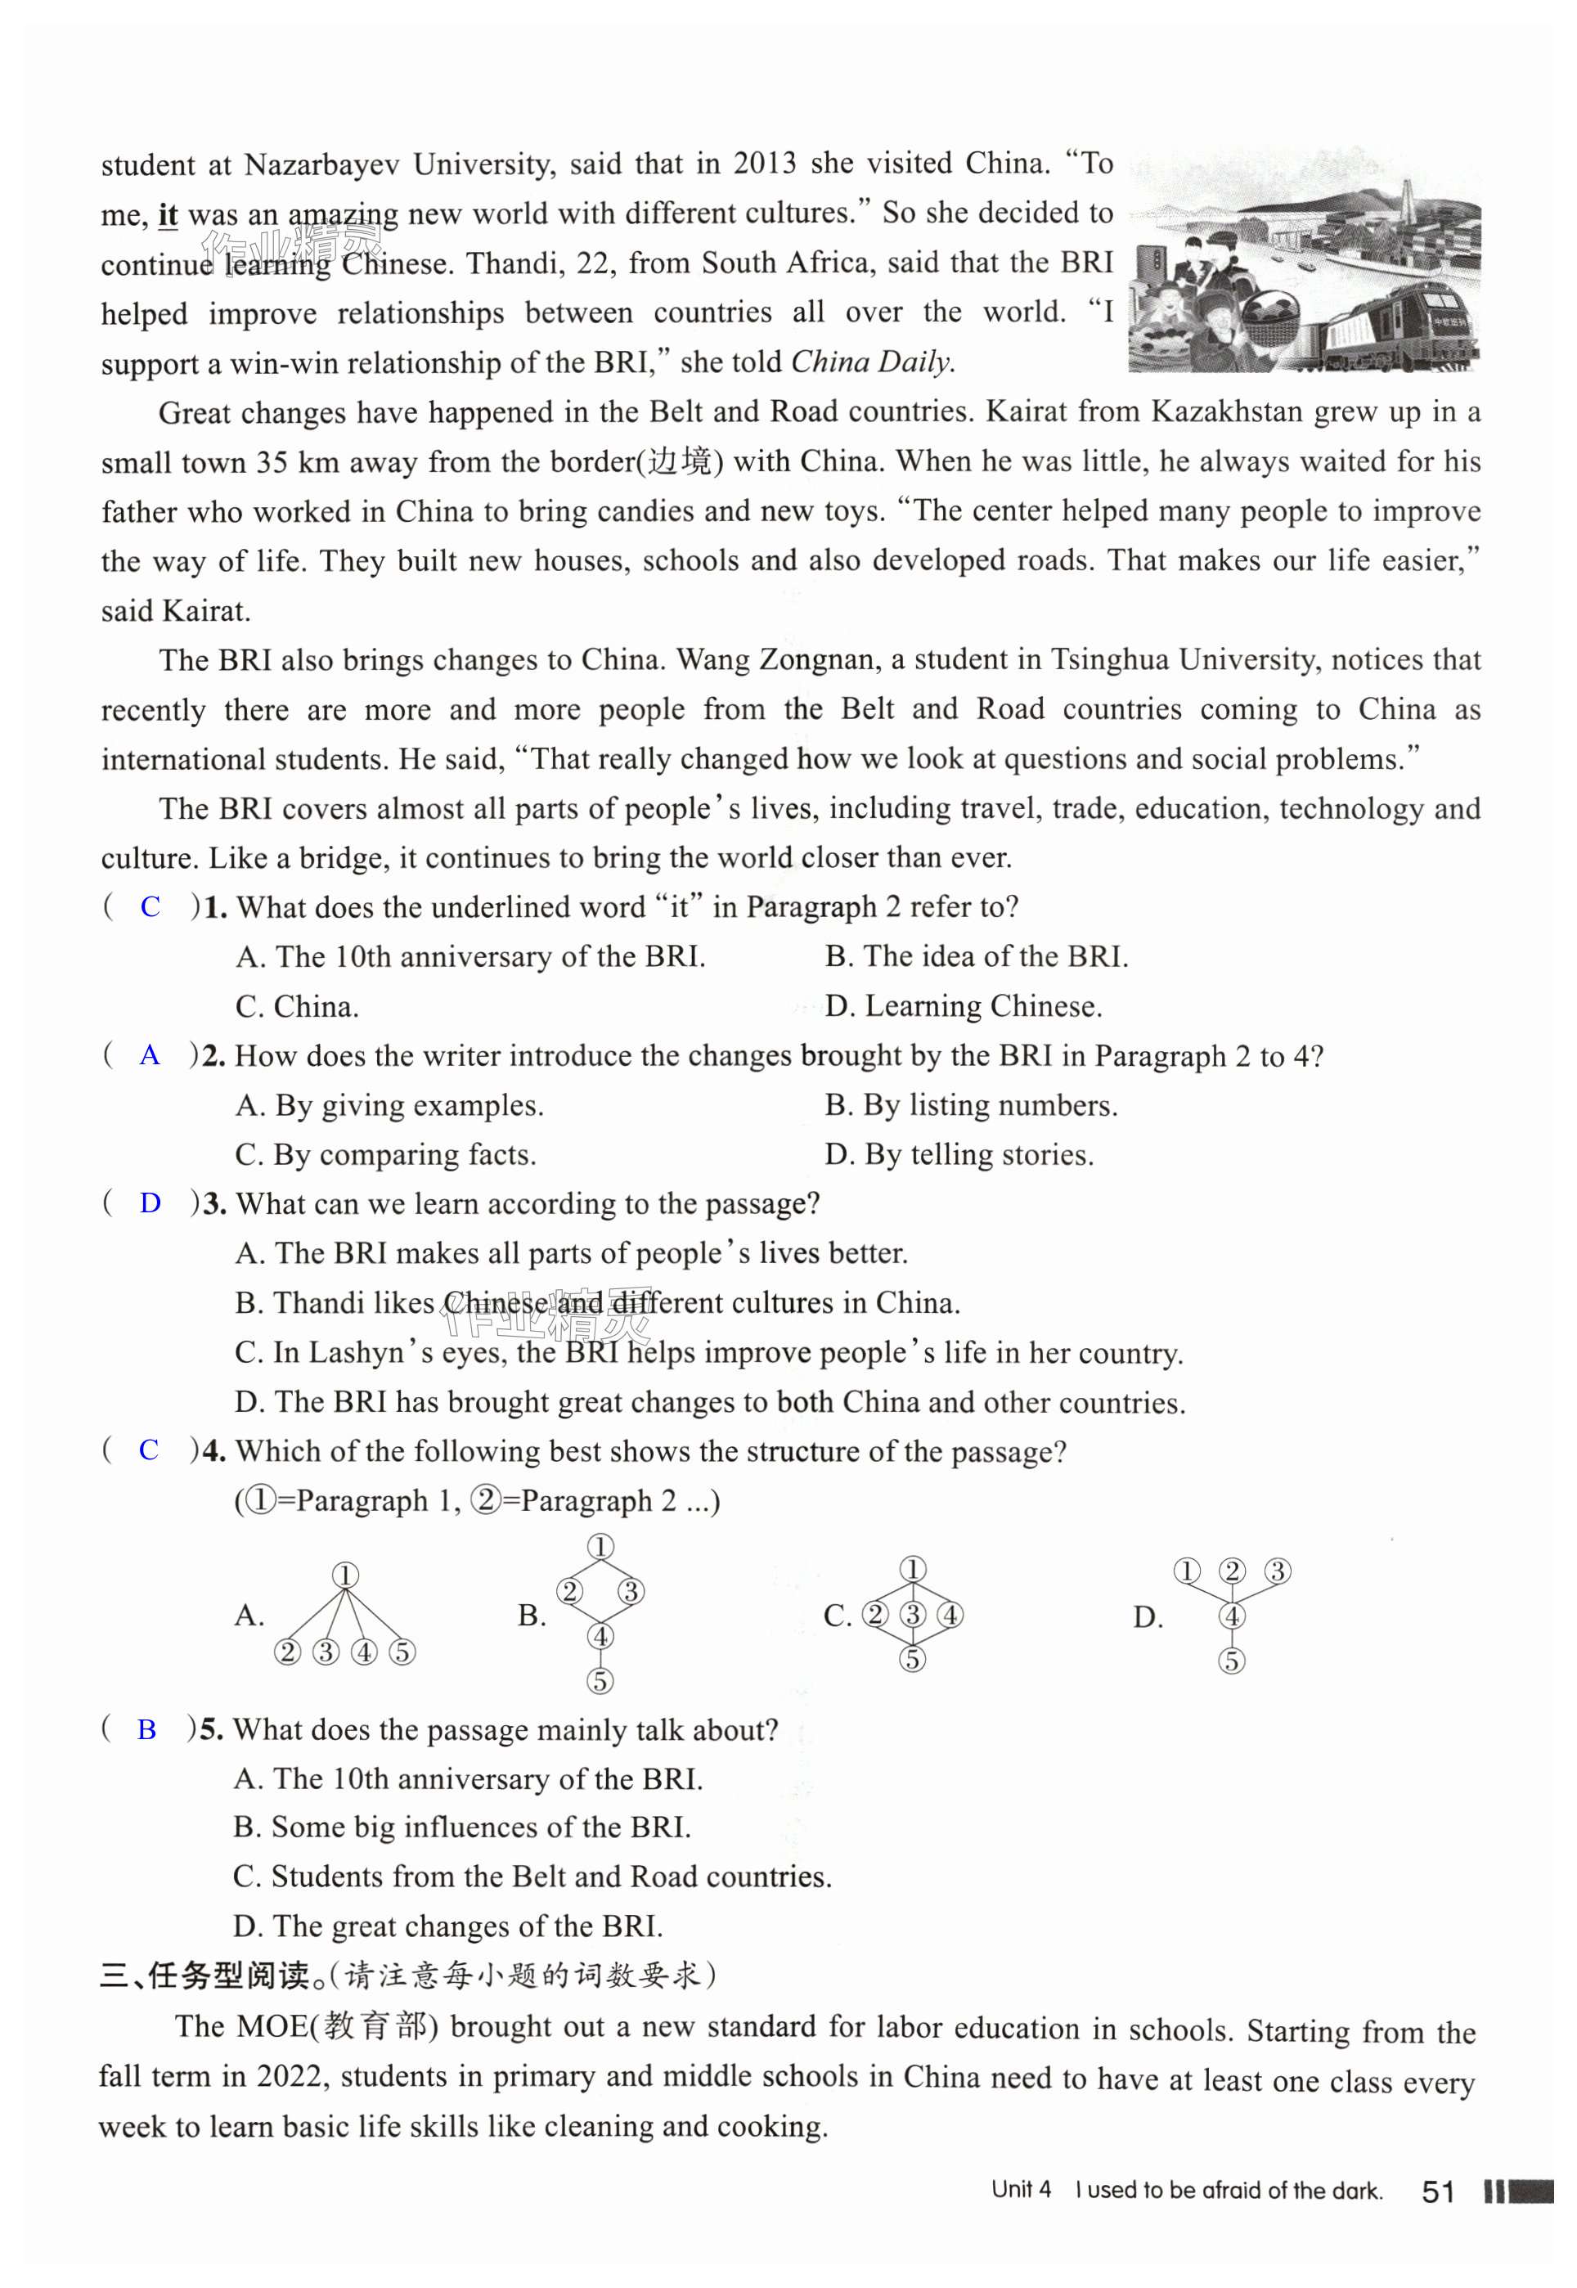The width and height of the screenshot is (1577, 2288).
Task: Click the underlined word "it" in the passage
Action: [x=168, y=214]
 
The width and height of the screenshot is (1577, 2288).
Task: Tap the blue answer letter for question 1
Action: [x=151, y=907]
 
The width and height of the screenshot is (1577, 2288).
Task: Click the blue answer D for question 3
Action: [x=151, y=1203]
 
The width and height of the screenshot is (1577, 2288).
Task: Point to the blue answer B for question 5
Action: [x=147, y=1730]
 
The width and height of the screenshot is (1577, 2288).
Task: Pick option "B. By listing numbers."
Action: [x=971, y=1105]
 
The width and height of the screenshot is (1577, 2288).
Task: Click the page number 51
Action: [x=1438, y=2191]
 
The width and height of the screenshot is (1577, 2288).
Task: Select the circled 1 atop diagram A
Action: [x=345, y=1575]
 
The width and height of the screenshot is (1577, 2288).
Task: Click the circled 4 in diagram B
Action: [x=600, y=1636]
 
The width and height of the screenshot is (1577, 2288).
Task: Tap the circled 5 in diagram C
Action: [x=912, y=1659]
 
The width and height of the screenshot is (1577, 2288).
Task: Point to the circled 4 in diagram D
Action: [x=1231, y=1616]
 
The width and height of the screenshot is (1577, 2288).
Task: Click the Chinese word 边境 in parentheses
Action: [x=680, y=461]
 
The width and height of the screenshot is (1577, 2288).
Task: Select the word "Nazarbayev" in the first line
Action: [x=322, y=164]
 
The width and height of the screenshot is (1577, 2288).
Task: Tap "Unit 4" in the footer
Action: [x=1021, y=2190]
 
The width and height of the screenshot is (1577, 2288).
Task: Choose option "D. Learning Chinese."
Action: [x=964, y=1007]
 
